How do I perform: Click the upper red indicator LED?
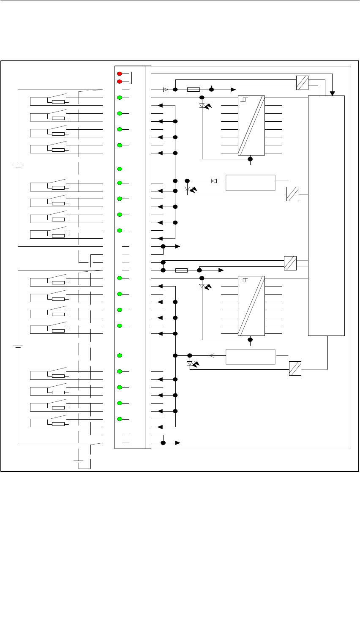tap(120, 74)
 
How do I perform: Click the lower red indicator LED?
tap(120, 82)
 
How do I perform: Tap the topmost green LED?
tap(120, 98)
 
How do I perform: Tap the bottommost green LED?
tap(120, 419)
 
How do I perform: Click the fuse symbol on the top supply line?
tap(193, 90)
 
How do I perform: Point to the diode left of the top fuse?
tap(166, 90)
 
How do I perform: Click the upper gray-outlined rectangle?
tap(251, 183)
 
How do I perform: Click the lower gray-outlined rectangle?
tap(251, 357)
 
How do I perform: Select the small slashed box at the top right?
tap(302, 83)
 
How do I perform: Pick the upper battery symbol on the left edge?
tap(18, 166)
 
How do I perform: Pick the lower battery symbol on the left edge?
tap(18, 347)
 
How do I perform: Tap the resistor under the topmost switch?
tap(58, 102)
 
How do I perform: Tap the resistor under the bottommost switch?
tap(58, 423)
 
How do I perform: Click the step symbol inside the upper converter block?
tap(244, 100)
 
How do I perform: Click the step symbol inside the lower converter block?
tap(244, 280)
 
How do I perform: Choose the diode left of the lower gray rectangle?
tap(212, 355)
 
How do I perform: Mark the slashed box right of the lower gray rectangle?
tap(295, 368)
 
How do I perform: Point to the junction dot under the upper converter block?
tap(250, 159)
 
